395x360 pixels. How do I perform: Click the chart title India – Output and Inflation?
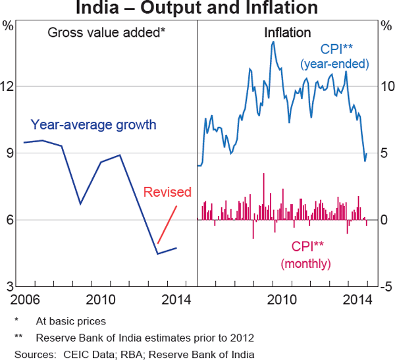point(197,9)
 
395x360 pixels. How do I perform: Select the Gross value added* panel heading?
point(106,32)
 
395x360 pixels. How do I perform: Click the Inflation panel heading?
point(288,32)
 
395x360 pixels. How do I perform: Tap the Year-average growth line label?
point(93,125)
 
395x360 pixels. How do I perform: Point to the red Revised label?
point(167,192)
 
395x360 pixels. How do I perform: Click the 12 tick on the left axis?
point(8,87)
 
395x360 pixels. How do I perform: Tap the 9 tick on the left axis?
point(8,153)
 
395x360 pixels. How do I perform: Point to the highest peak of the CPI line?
point(273,42)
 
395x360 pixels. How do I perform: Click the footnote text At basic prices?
point(71,322)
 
